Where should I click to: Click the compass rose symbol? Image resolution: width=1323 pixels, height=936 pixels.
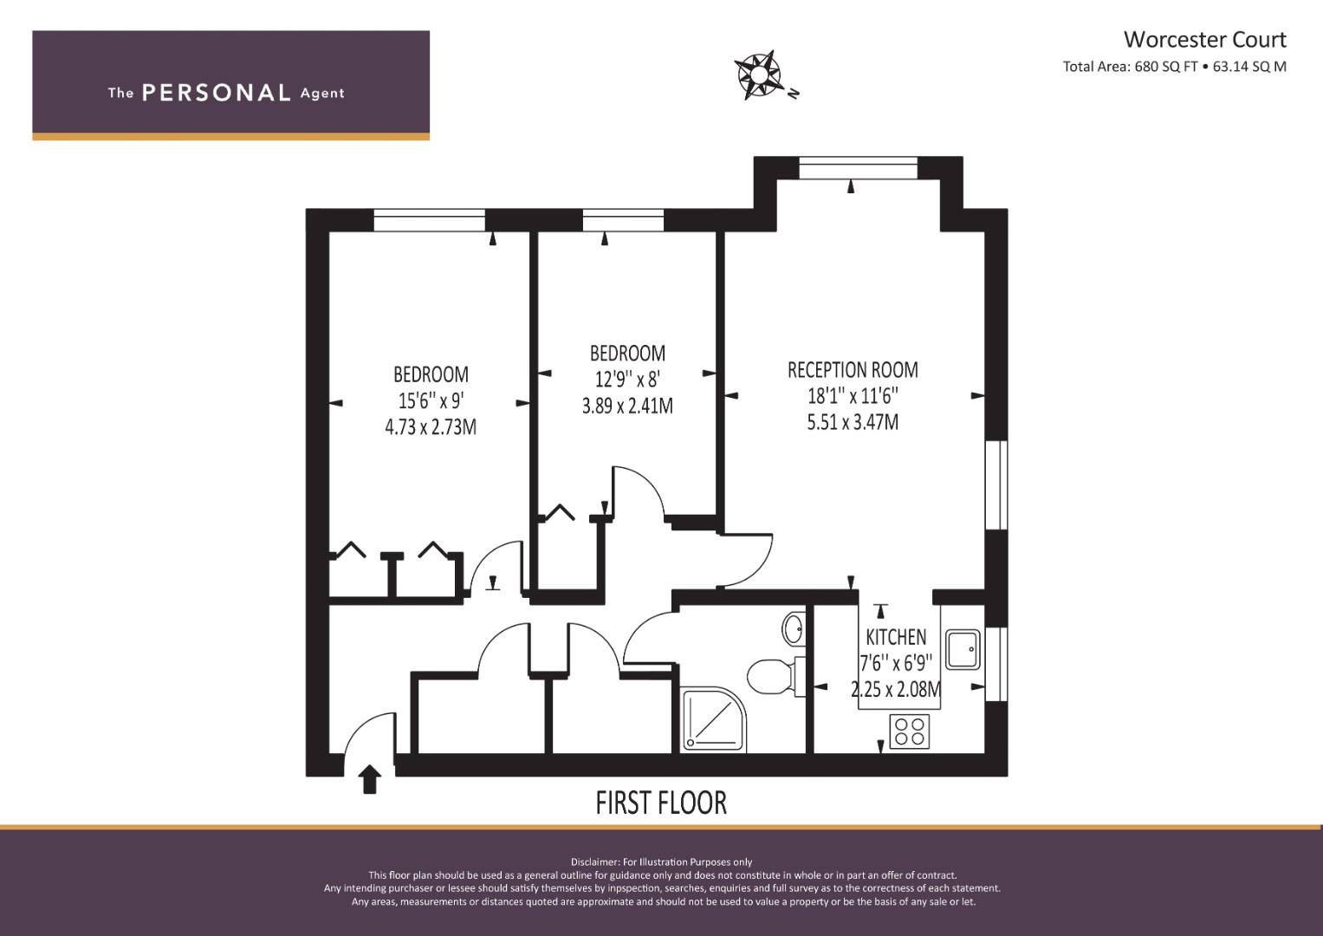[758, 75]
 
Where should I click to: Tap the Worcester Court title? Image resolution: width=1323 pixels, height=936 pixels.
[1204, 40]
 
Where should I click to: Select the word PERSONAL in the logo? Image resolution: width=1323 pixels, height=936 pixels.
[217, 93]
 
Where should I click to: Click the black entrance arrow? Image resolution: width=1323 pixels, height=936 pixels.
[369, 779]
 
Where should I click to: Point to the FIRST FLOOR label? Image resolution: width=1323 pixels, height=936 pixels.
[661, 803]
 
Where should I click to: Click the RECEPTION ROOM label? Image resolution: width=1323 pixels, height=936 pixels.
[853, 370]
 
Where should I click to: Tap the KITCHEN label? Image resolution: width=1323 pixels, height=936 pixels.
[896, 637]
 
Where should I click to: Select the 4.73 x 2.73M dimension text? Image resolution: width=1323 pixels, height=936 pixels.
[431, 426]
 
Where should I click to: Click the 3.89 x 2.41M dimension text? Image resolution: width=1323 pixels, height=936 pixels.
[627, 406]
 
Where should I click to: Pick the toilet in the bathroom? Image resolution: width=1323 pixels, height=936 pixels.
[775, 676]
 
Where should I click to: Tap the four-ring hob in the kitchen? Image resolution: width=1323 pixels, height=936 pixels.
[910, 731]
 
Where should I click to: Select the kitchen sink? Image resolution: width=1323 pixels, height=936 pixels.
[963, 649]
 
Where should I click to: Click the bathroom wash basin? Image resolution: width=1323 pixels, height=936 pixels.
[794, 628]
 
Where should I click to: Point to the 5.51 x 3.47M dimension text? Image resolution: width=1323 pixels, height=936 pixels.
[853, 422]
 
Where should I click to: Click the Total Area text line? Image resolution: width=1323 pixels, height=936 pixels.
[1174, 67]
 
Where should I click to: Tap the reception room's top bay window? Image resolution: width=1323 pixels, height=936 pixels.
[859, 168]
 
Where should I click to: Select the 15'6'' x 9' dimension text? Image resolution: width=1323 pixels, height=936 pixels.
[431, 400]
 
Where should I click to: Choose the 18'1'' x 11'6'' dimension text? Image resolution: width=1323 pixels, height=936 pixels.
[853, 395]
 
